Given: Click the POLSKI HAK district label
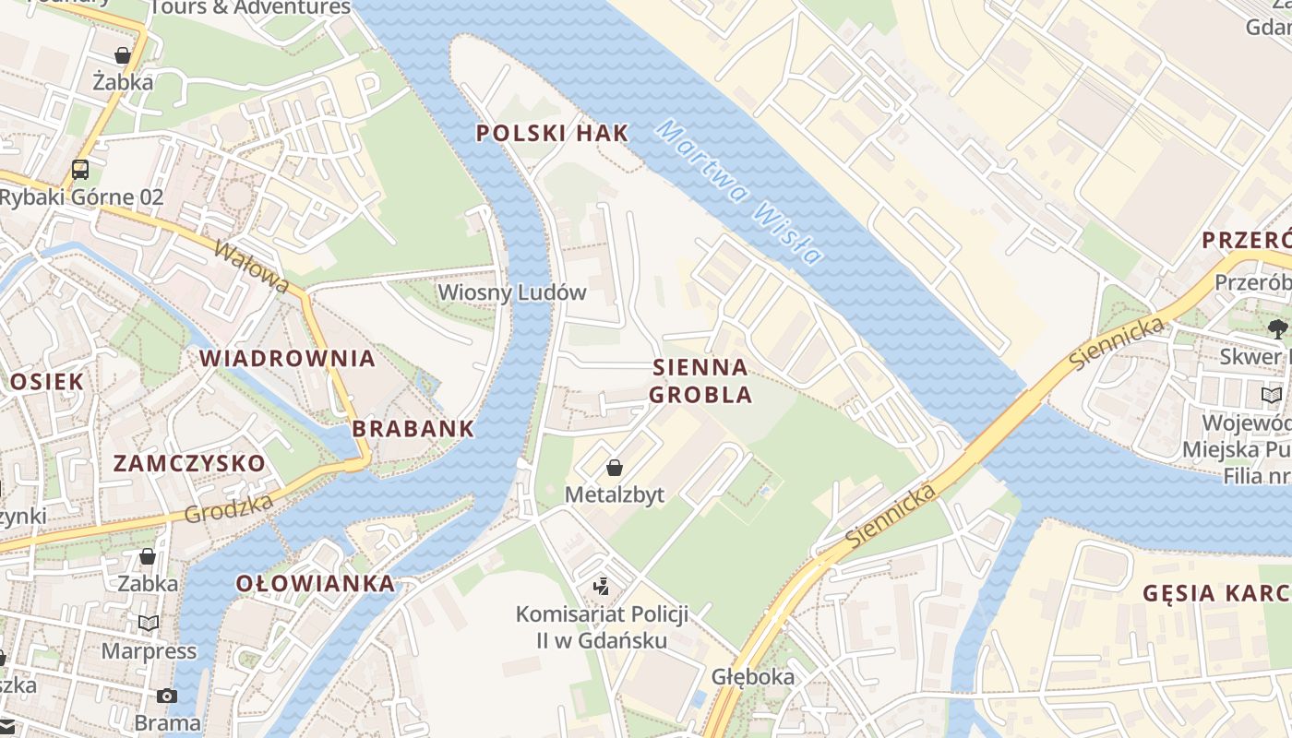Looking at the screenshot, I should click(552, 133).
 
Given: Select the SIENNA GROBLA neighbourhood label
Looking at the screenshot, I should click(700, 381).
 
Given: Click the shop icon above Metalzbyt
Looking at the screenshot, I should click(614, 469).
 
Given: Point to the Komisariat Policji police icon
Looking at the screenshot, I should click(602, 586).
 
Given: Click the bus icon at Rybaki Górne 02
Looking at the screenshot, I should click(80, 170).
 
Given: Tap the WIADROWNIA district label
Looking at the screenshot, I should click(288, 359).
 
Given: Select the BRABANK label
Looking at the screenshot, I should click(413, 429).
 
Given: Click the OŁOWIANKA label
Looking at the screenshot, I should click(316, 584).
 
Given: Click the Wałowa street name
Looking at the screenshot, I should click(251, 267).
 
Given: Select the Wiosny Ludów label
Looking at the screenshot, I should click(512, 293).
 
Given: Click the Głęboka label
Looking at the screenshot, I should click(752, 677).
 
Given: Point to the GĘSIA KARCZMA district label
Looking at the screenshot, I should click(1216, 593).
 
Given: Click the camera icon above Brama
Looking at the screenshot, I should click(167, 696).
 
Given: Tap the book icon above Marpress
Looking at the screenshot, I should click(149, 624).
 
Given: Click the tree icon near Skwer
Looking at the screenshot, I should click(1278, 328).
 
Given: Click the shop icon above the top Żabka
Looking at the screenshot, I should click(123, 55).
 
